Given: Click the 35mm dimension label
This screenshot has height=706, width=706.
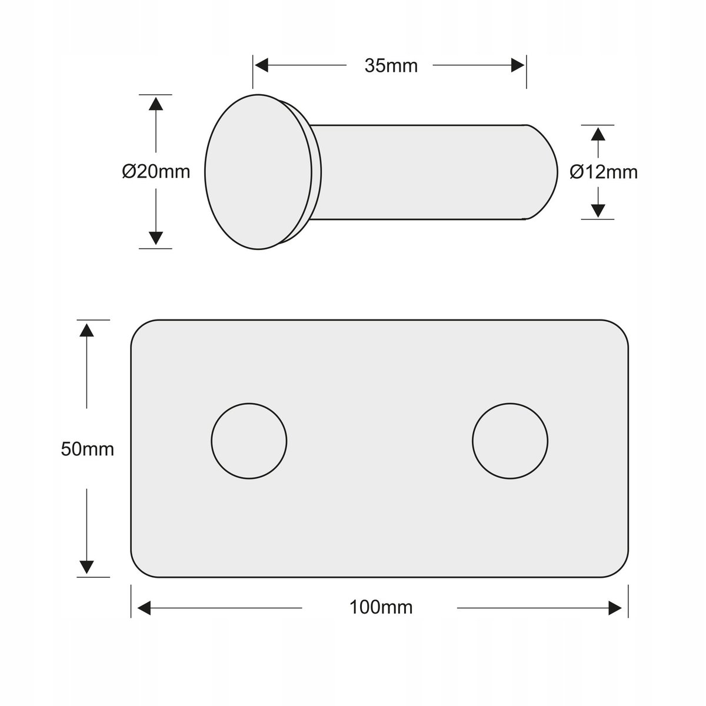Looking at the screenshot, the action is [391, 66].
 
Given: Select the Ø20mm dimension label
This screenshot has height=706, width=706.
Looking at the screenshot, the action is [156, 171].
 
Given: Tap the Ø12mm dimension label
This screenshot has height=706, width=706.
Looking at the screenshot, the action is [604, 172].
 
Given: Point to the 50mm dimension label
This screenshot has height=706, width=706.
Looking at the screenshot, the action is [87, 449].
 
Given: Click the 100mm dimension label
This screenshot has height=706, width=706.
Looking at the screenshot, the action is [381, 607].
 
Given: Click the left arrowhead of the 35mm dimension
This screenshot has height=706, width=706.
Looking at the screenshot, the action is [262, 65].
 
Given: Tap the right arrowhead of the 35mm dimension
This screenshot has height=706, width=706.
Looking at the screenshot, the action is [518, 65].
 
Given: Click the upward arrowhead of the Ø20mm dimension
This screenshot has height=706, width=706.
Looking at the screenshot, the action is [156, 104].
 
